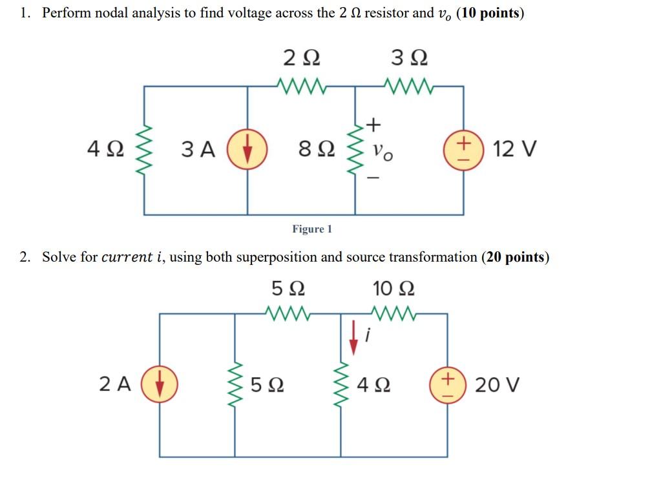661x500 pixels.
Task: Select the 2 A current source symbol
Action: (x=160, y=384)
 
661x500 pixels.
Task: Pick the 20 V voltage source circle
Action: (x=447, y=385)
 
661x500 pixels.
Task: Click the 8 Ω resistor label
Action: (x=317, y=150)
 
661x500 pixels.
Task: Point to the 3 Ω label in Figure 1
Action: (x=410, y=59)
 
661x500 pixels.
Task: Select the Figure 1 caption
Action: (x=312, y=229)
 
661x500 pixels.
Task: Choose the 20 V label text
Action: (x=496, y=385)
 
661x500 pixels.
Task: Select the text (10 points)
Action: (x=490, y=14)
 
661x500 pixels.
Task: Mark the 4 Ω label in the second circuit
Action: (x=373, y=385)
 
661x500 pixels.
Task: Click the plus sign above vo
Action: (x=374, y=123)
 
